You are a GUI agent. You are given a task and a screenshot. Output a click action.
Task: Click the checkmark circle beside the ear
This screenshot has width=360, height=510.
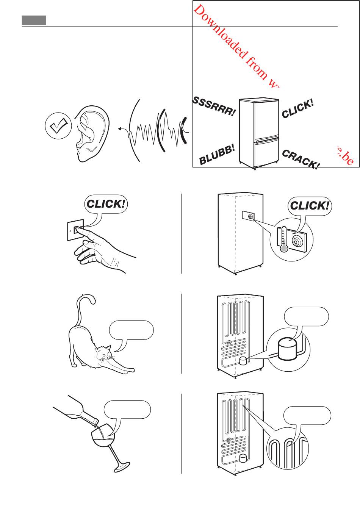click(x=58, y=126)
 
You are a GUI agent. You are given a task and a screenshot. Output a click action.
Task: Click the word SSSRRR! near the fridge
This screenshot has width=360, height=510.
click(x=214, y=106)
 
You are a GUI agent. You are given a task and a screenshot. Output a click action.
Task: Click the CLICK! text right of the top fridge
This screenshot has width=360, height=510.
click(x=298, y=109)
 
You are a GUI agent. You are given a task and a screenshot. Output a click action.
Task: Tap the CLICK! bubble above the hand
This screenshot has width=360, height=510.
click(x=106, y=204)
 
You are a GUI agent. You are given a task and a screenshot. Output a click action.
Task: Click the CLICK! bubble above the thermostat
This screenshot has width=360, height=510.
click(x=309, y=206)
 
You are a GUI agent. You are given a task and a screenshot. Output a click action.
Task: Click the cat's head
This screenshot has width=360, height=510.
click(x=103, y=353)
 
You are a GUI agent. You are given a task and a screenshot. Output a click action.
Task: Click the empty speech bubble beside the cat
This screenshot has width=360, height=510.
click(x=131, y=330)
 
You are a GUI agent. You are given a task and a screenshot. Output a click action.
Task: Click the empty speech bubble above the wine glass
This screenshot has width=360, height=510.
click(x=128, y=409)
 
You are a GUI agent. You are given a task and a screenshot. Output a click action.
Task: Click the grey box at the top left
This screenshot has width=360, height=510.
click(x=34, y=20)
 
